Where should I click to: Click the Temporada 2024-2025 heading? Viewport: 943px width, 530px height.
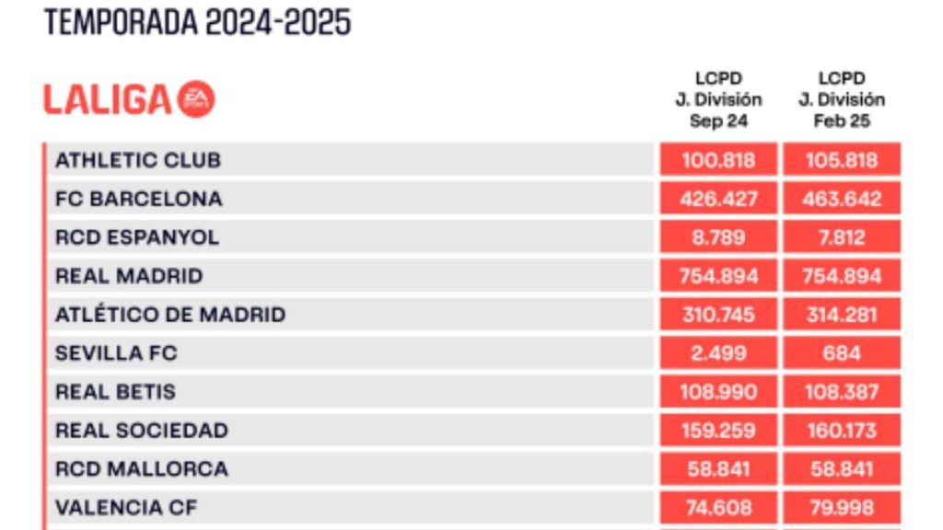tap(197, 22)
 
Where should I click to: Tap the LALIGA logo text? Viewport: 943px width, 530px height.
tap(108, 99)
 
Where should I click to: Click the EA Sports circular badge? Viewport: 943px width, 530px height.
tap(197, 99)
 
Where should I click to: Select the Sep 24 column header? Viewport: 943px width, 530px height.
tap(718, 100)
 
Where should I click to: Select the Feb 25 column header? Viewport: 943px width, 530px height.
tap(841, 100)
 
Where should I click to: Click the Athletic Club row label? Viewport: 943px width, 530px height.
tap(138, 160)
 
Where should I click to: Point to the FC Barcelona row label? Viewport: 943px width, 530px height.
tap(138, 199)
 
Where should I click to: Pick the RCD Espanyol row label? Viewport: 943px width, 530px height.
tap(137, 237)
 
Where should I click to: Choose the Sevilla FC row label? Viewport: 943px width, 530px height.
tap(116, 353)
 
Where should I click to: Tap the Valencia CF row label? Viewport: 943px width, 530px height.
tap(126, 507)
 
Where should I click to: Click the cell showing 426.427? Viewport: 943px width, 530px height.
tap(718, 199)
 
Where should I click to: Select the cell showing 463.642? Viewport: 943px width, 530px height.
tap(841, 199)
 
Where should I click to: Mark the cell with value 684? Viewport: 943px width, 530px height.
tap(841, 353)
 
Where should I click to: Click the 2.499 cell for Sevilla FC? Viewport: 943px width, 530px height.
tap(718, 353)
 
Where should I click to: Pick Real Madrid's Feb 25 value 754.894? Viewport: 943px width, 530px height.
tap(841, 276)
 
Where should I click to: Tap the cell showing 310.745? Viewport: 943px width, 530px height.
tap(718, 315)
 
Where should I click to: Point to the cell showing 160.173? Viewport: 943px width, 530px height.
tap(841, 431)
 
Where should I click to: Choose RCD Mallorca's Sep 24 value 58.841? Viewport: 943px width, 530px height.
tap(718, 469)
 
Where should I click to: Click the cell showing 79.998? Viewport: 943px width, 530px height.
tap(841, 507)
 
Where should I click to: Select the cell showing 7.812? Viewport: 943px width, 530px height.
tap(841, 237)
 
